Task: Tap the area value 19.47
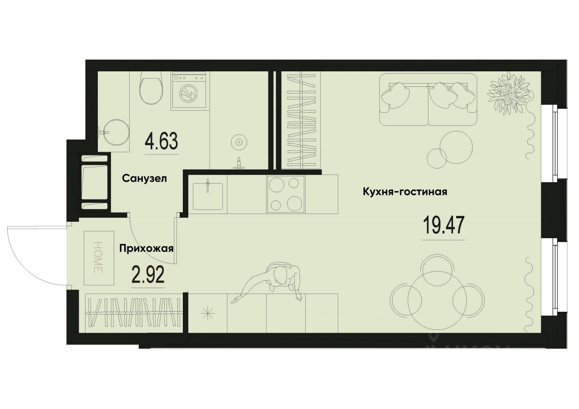coord(443,226)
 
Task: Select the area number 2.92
coord(148,275)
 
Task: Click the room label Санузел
coord(145,179)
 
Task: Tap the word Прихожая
coord(147,249)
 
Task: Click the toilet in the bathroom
coord(151,89)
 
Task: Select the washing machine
coord(190,91)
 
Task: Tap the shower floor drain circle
coord(238,142)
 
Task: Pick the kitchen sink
coord(207,194)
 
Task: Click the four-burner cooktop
coord(286,194)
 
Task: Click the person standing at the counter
coord(277,282)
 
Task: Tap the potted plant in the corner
coord(509,91)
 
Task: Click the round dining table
coord(430,299)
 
